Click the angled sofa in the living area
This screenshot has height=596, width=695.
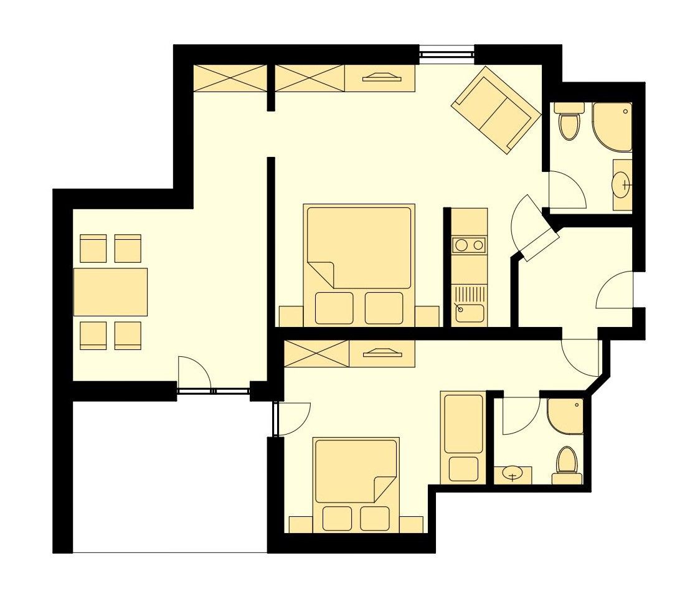pos(496,110)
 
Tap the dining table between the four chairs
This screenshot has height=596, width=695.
pos(110,291)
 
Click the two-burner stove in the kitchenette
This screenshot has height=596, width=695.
pos(469,245)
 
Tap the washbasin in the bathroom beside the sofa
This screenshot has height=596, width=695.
pos(622,184)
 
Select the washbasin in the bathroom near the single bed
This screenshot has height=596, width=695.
pos(513,475)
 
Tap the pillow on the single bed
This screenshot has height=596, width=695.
pos(463,468)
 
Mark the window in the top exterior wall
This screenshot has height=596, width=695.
pos(447,55)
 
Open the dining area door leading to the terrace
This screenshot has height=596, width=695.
pos(194,375)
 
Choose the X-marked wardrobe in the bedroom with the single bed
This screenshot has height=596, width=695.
pos(316,354)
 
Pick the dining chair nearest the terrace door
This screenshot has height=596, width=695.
pos(128,335)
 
